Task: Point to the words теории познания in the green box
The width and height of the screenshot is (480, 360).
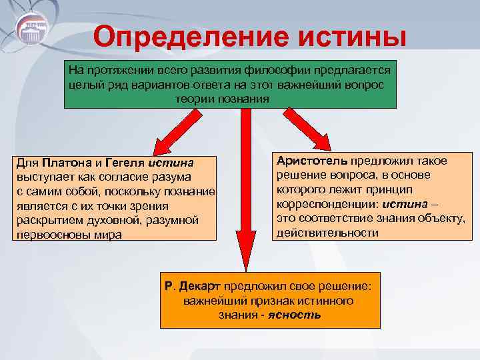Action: [x=223, y=99]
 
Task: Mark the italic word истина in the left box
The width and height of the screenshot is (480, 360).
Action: [x=171, y=163]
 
